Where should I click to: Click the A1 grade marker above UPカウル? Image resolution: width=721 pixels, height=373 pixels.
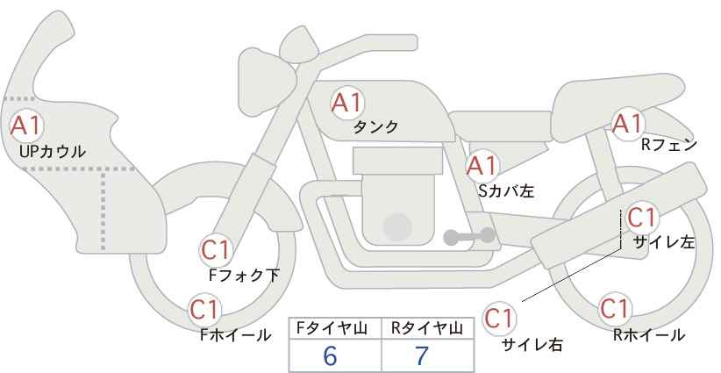point(26,126)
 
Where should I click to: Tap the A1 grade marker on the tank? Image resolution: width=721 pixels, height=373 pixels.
point(347,103)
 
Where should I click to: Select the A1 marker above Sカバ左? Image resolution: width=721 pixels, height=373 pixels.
point(482,166)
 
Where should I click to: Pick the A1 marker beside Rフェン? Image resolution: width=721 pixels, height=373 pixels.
point(627,122)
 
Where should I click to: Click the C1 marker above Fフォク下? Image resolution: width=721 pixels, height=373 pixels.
point(216,250)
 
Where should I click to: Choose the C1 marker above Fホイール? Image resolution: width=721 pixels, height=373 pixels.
point(204,310)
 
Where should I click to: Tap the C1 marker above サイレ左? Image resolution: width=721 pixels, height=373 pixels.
point(641,218)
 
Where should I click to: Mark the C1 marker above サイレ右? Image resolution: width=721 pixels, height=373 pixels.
point(499,319)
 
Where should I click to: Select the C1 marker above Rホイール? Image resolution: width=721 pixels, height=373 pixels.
point(615,308)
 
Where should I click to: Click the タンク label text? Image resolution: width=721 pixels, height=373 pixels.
point(375,126)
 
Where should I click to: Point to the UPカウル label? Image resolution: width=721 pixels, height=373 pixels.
point(52,151)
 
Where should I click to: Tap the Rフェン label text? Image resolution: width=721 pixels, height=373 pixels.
point(669,145)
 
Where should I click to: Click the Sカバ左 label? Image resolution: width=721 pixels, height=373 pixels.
point(506,190)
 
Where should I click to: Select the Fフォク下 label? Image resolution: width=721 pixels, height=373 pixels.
point(244,275)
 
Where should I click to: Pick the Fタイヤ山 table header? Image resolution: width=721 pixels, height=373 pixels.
point(332,328)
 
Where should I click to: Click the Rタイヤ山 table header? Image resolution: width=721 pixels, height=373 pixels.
point(427,328)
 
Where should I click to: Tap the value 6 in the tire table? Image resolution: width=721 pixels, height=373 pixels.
point(330,355)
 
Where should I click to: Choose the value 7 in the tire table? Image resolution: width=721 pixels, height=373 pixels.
point(421,355)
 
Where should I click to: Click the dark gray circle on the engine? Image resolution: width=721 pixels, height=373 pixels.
point(397,226)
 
